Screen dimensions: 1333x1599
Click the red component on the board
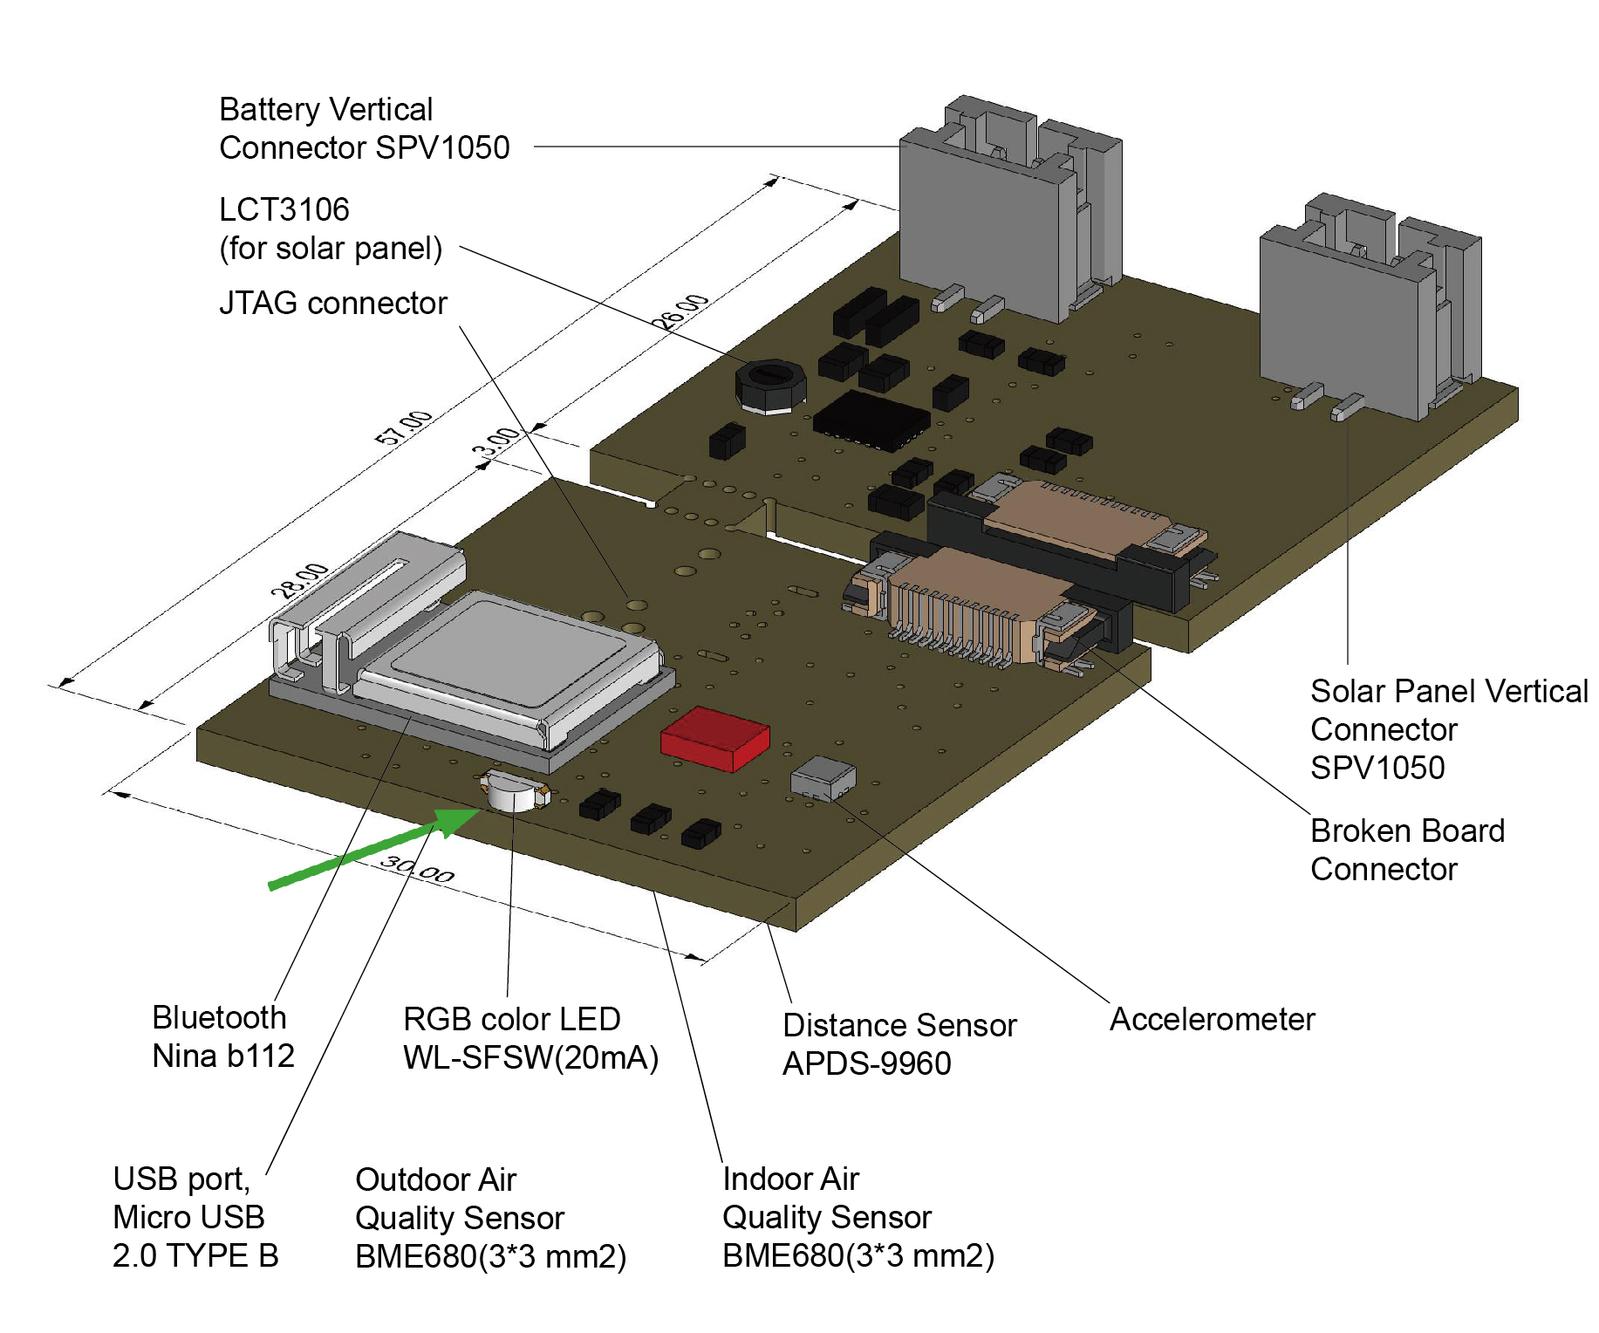click(715, 737)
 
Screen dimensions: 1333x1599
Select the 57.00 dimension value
click(403, 427)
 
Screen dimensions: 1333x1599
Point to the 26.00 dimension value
click(682, 312)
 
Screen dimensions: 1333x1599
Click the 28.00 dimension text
click(299, 581)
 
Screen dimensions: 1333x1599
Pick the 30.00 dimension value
click(418, 869)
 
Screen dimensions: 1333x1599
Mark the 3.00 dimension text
click(496, 442)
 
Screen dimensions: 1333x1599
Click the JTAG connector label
click(332, 304)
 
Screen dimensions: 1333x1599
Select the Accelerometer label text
click(1212, 1019)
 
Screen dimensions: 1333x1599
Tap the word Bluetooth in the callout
click(219, 1017)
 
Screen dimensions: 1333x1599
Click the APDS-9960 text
click(866, 1063)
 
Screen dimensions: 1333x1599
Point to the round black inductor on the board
click(769, 385)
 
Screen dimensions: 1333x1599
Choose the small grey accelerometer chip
click(823, 777)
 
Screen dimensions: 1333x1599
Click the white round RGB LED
click(514, 792)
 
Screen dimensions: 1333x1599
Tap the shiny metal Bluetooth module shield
click(515, 654)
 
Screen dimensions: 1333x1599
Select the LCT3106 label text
click(284, 209)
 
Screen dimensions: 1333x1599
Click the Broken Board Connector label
click(1407, 850)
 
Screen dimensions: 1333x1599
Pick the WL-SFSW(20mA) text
click(530, 1057)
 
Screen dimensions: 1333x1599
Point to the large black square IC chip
click(871, 421)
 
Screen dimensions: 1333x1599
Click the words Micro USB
click(188, 1217)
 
